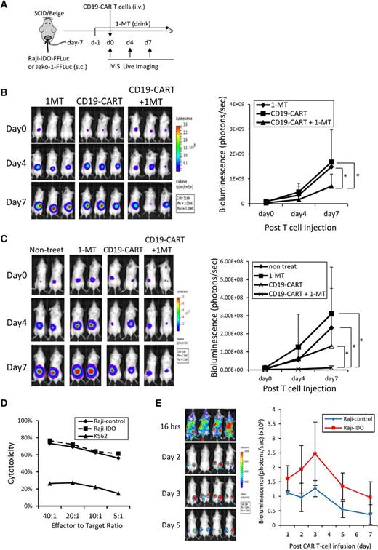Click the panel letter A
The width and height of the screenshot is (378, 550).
6,7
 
